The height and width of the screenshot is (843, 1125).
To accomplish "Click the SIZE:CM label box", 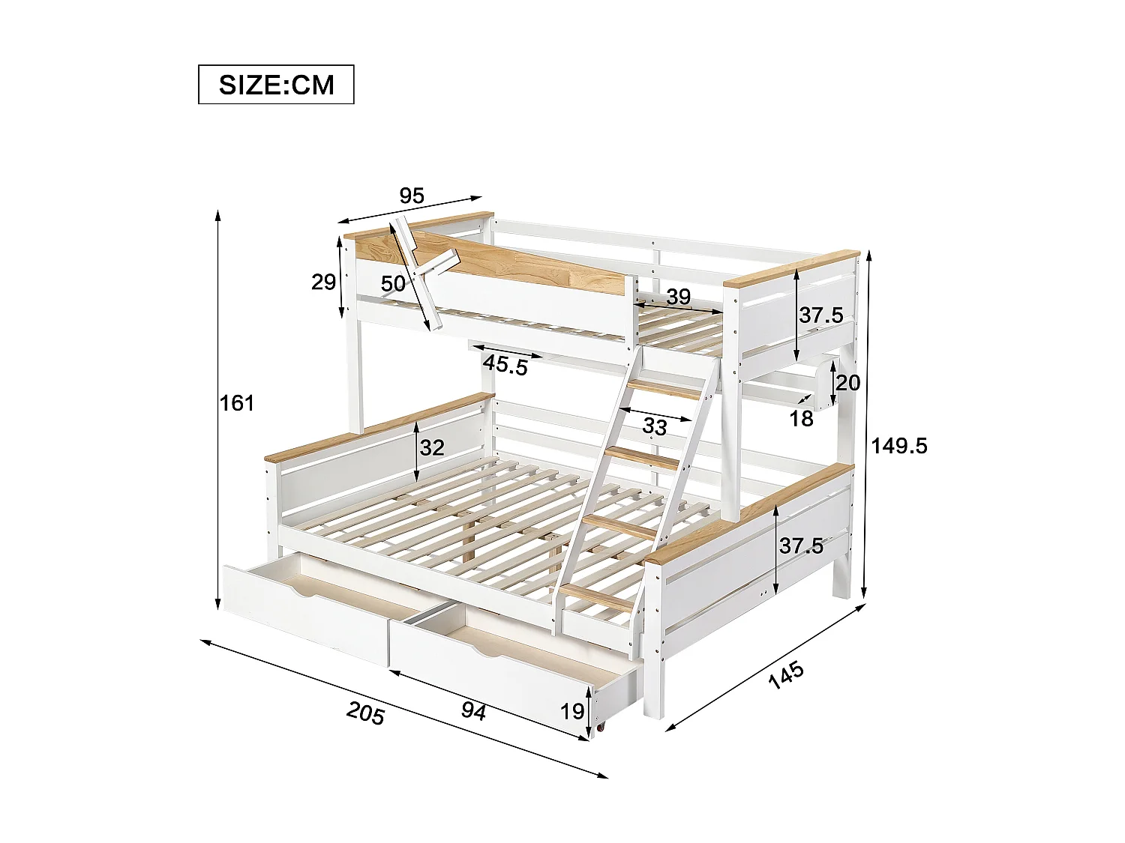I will pyautogui.click(x=276, y=85).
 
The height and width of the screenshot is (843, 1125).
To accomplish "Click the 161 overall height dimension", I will pyautogui.click(x=237, y=403).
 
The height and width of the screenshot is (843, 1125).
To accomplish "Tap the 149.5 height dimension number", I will pyautogui.click(x=899, y=446).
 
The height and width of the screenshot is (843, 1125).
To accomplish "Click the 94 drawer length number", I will pyautogui.click(x=473, y=710).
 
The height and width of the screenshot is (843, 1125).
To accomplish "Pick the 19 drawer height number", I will pyautogui.click(x=572, y=710).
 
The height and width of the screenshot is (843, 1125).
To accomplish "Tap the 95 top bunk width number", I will pyautogui.click(x=412, y=196).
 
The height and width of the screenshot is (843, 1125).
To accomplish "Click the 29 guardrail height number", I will pyautogui.click(x=323, y=282).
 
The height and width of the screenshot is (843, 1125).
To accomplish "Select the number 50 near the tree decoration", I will pyautogui.click(x=393, y=284).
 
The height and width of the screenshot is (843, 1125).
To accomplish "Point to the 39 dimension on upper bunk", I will pyautogui.click(x=678, y=297).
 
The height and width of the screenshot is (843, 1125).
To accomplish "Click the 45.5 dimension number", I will pyautogui.click(x=505, y=365).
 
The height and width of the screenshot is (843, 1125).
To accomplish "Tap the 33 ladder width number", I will pyautogui.click(x=655, y=426).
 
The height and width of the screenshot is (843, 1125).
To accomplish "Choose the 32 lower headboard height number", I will pyautogui.click(x=432, y=447).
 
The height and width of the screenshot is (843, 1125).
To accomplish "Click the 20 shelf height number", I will pyautogui.click(x=847, y=383).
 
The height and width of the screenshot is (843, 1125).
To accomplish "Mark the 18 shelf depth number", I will pyautogui.click(x=801, y=418).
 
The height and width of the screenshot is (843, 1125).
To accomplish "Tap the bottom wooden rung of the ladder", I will pyautogui.click(x=597, y=597).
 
